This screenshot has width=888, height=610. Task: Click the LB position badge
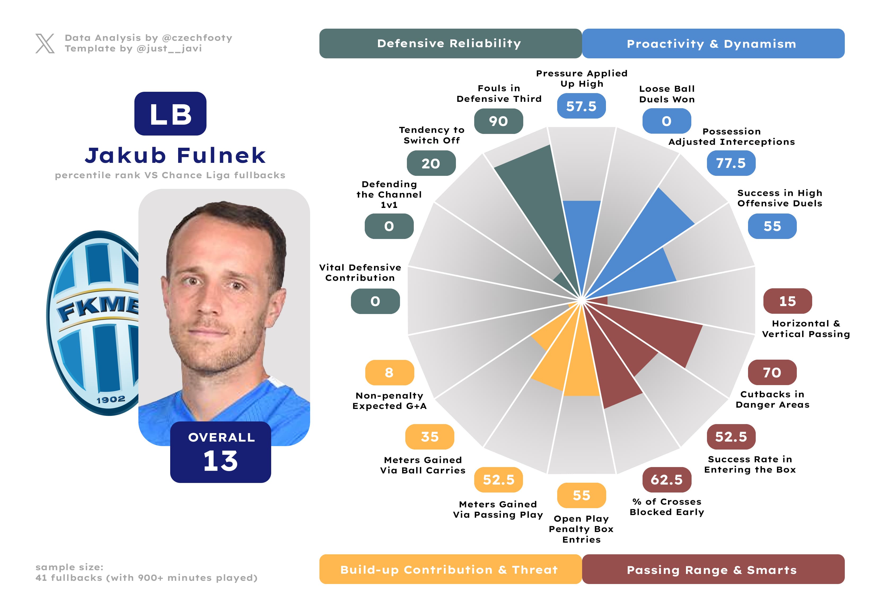[x=170, y=114]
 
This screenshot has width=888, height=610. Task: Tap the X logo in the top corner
[x=45, y=43]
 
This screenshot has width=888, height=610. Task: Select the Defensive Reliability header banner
[x=450, y=43]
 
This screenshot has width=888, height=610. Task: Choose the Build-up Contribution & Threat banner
[x=450, y=569]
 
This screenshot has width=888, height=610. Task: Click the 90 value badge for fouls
[x=498, y=121]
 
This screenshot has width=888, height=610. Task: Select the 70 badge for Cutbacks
[x=772, y=372]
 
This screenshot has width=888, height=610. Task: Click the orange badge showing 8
[x=389, y=372]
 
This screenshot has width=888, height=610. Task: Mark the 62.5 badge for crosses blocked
[x=667, y=480]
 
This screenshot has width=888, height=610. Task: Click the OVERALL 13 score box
[x=221, y=452]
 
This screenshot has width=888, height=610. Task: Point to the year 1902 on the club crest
[x=111, y=400]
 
